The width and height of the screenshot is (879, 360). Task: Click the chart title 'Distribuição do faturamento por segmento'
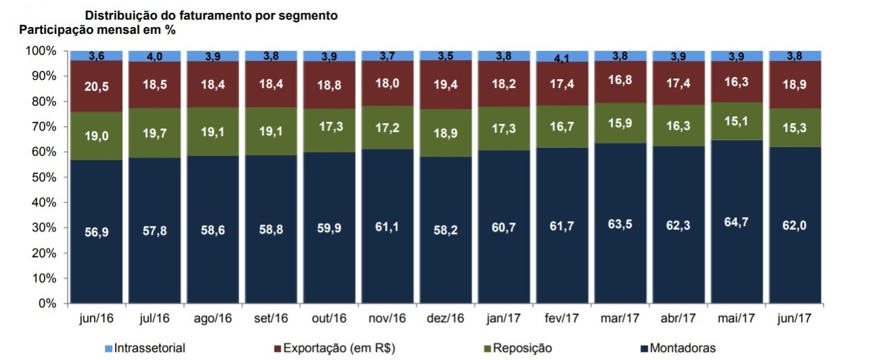[x=211, y=15]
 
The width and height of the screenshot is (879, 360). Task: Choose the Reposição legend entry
[x=522, y=348]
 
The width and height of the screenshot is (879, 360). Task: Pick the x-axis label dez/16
[x=446, y=317]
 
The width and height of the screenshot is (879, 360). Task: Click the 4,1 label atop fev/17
[x=563, y=59]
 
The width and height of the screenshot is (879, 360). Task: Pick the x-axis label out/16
[x=330, y=317]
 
